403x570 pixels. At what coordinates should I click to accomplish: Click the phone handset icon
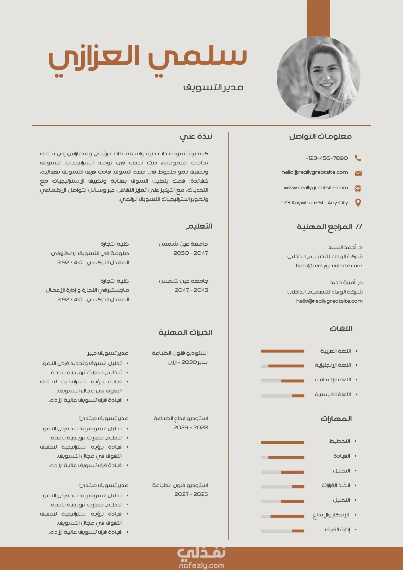point(358,158)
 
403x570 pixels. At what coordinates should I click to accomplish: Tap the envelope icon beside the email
point(358,173)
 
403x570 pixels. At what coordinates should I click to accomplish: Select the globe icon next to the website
point(358,188)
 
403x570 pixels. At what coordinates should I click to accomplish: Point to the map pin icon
point(358,203)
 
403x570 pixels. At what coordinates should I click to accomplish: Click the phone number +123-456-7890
point(327,158)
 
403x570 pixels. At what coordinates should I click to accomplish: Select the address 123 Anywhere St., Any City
point(315,203)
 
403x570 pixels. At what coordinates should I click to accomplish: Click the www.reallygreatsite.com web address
point(316,188)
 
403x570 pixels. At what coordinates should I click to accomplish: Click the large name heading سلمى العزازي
point(148,58)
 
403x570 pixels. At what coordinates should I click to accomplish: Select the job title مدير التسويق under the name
point(213,87)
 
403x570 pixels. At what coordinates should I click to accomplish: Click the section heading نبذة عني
point(196,137)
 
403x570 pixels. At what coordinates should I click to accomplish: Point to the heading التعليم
point(200,226)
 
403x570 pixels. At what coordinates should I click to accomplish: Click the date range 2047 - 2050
point(191,253)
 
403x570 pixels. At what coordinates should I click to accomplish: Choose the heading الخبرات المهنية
point(186,332)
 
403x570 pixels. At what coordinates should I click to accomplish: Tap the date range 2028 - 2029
point(191,427)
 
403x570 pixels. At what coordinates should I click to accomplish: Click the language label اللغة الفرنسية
point(333,394)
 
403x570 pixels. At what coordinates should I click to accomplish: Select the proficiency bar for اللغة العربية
point(282,351)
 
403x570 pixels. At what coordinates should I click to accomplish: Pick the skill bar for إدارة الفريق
point(282,531)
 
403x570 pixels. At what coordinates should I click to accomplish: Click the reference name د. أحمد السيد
point(345,247)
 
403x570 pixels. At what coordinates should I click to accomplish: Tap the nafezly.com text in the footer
point(201,565)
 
